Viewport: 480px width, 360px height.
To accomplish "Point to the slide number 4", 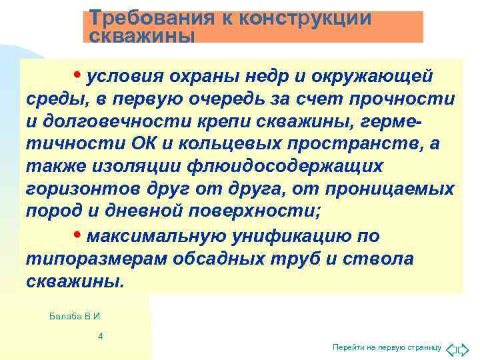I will pos(100,336).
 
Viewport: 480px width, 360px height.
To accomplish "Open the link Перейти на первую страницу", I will pos(387,348).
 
